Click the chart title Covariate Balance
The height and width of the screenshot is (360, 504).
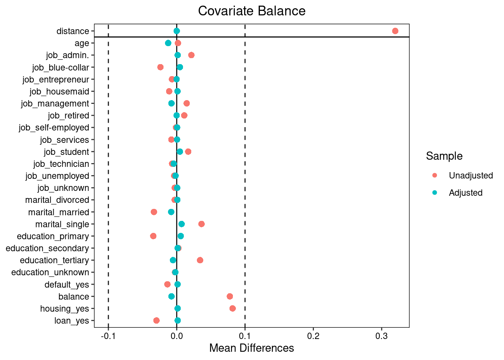pos(252,11)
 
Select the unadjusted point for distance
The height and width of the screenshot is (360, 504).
pos(395,31)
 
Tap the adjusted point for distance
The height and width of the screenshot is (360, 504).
pos(177,31)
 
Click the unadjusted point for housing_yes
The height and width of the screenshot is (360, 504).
pos(232,308)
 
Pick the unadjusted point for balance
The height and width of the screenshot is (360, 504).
pos(230,296)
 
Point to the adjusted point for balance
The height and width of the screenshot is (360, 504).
pos(171,296)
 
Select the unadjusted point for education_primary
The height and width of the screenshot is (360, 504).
pos(153,236)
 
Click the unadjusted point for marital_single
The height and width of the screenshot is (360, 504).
pos(201,224)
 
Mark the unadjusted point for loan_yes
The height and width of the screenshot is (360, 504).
pos(156,320)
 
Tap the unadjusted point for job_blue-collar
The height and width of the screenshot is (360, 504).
pos(160,67)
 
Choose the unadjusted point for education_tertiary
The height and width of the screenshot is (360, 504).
pos(200,260)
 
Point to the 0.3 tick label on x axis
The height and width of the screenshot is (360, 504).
pos(381,336)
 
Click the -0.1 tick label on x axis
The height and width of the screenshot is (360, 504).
pos(108,336)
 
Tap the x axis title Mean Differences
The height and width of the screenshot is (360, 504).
pos(252,348)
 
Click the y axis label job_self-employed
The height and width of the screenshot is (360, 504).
pos(54,127)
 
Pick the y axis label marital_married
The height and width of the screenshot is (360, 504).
pos(58,212)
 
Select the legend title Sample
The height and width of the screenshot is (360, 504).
pos(444,156)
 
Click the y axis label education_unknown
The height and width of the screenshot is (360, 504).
pos(50,272)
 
